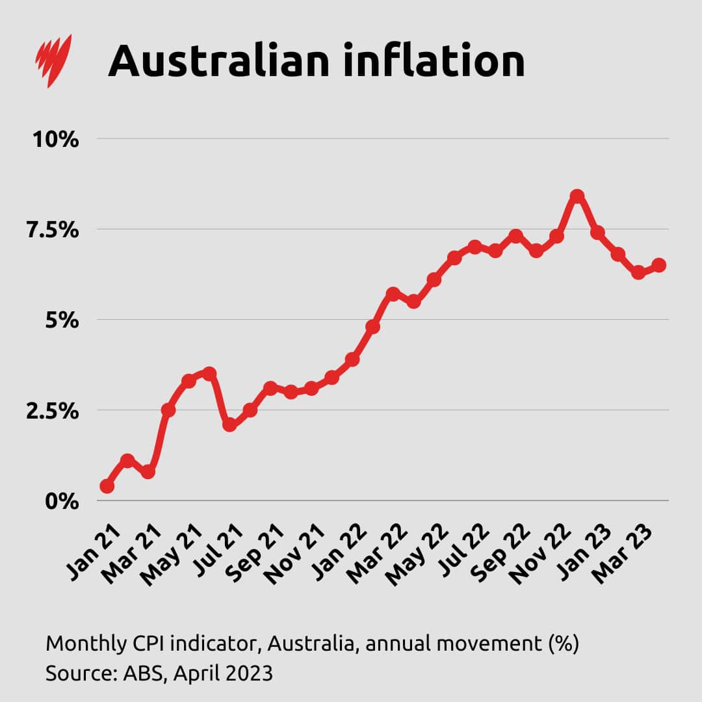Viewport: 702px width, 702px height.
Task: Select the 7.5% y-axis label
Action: [51, 229]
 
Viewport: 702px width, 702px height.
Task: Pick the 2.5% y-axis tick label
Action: [51, 411]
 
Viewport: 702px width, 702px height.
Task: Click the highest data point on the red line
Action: [577, 196]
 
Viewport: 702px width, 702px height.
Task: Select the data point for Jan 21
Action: [107, 486]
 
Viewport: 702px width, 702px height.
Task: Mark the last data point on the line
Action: [658, 265]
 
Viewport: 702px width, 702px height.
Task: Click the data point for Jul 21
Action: [229, 425]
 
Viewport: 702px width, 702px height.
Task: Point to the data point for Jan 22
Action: [352, 359]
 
